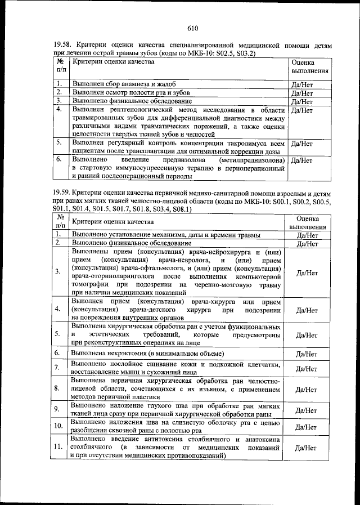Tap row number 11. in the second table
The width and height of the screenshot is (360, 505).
(58, 447)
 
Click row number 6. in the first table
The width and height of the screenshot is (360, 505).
(59, 159)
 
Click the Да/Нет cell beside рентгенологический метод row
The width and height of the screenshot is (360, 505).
(303, 110)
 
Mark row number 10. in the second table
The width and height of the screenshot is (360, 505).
(58, 426)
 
